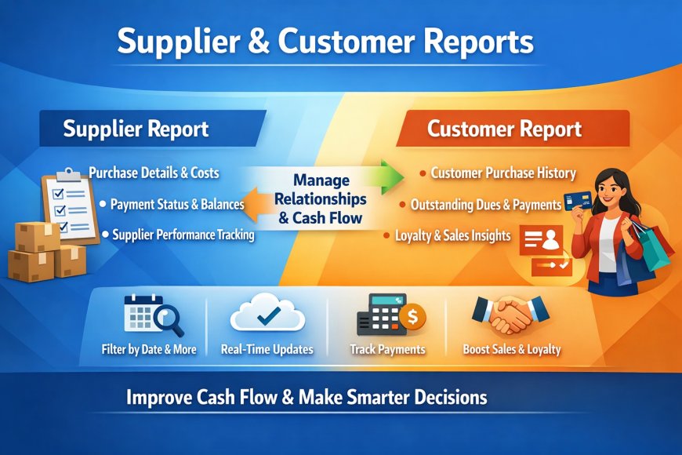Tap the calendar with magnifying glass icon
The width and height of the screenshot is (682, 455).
153,315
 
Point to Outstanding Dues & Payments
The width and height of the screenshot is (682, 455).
486,205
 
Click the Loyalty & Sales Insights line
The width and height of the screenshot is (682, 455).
453,235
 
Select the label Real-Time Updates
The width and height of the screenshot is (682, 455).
267,350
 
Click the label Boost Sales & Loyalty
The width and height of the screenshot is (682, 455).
512,350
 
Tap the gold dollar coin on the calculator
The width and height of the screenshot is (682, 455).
411,317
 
